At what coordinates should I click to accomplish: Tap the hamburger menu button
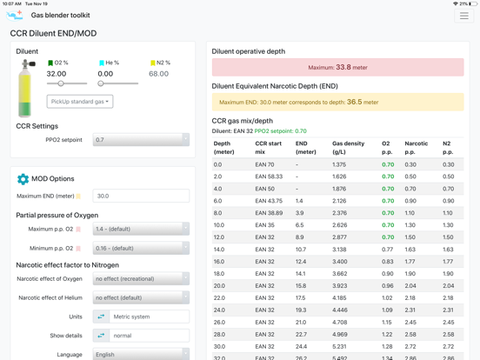point(464,16)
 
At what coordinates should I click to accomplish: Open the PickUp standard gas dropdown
point(80,102)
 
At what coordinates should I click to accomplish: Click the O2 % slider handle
point(61,83)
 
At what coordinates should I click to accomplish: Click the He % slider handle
point(101,83)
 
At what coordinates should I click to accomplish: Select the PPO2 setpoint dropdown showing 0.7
point(141,140)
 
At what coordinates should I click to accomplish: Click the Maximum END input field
point(141,196)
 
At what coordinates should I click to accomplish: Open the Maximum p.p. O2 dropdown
point(141,229)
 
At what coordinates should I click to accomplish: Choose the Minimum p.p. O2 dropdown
point(141,249)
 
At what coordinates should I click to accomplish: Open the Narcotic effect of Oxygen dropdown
point(141,279)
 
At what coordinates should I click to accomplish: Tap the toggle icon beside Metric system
point(101,317)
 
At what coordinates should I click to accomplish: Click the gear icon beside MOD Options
point(23,179)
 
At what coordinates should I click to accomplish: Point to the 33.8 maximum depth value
point(343,67)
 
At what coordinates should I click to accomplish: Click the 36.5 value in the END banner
point(355,102)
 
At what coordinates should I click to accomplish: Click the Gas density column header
point(349,148)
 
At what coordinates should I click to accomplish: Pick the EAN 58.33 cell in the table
point(269,177)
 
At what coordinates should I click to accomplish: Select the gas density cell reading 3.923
point(340,286)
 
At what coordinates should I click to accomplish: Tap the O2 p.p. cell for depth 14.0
point(388,250)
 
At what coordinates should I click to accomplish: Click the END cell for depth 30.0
point(301,347)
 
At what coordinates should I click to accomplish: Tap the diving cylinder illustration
point(26,89)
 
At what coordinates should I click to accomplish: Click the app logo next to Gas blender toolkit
point(15,16)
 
